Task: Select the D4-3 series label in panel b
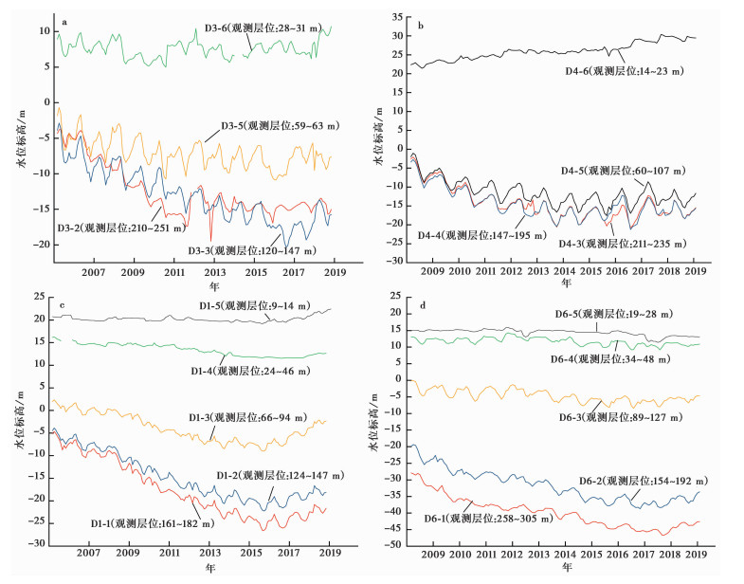pos(654,242)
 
